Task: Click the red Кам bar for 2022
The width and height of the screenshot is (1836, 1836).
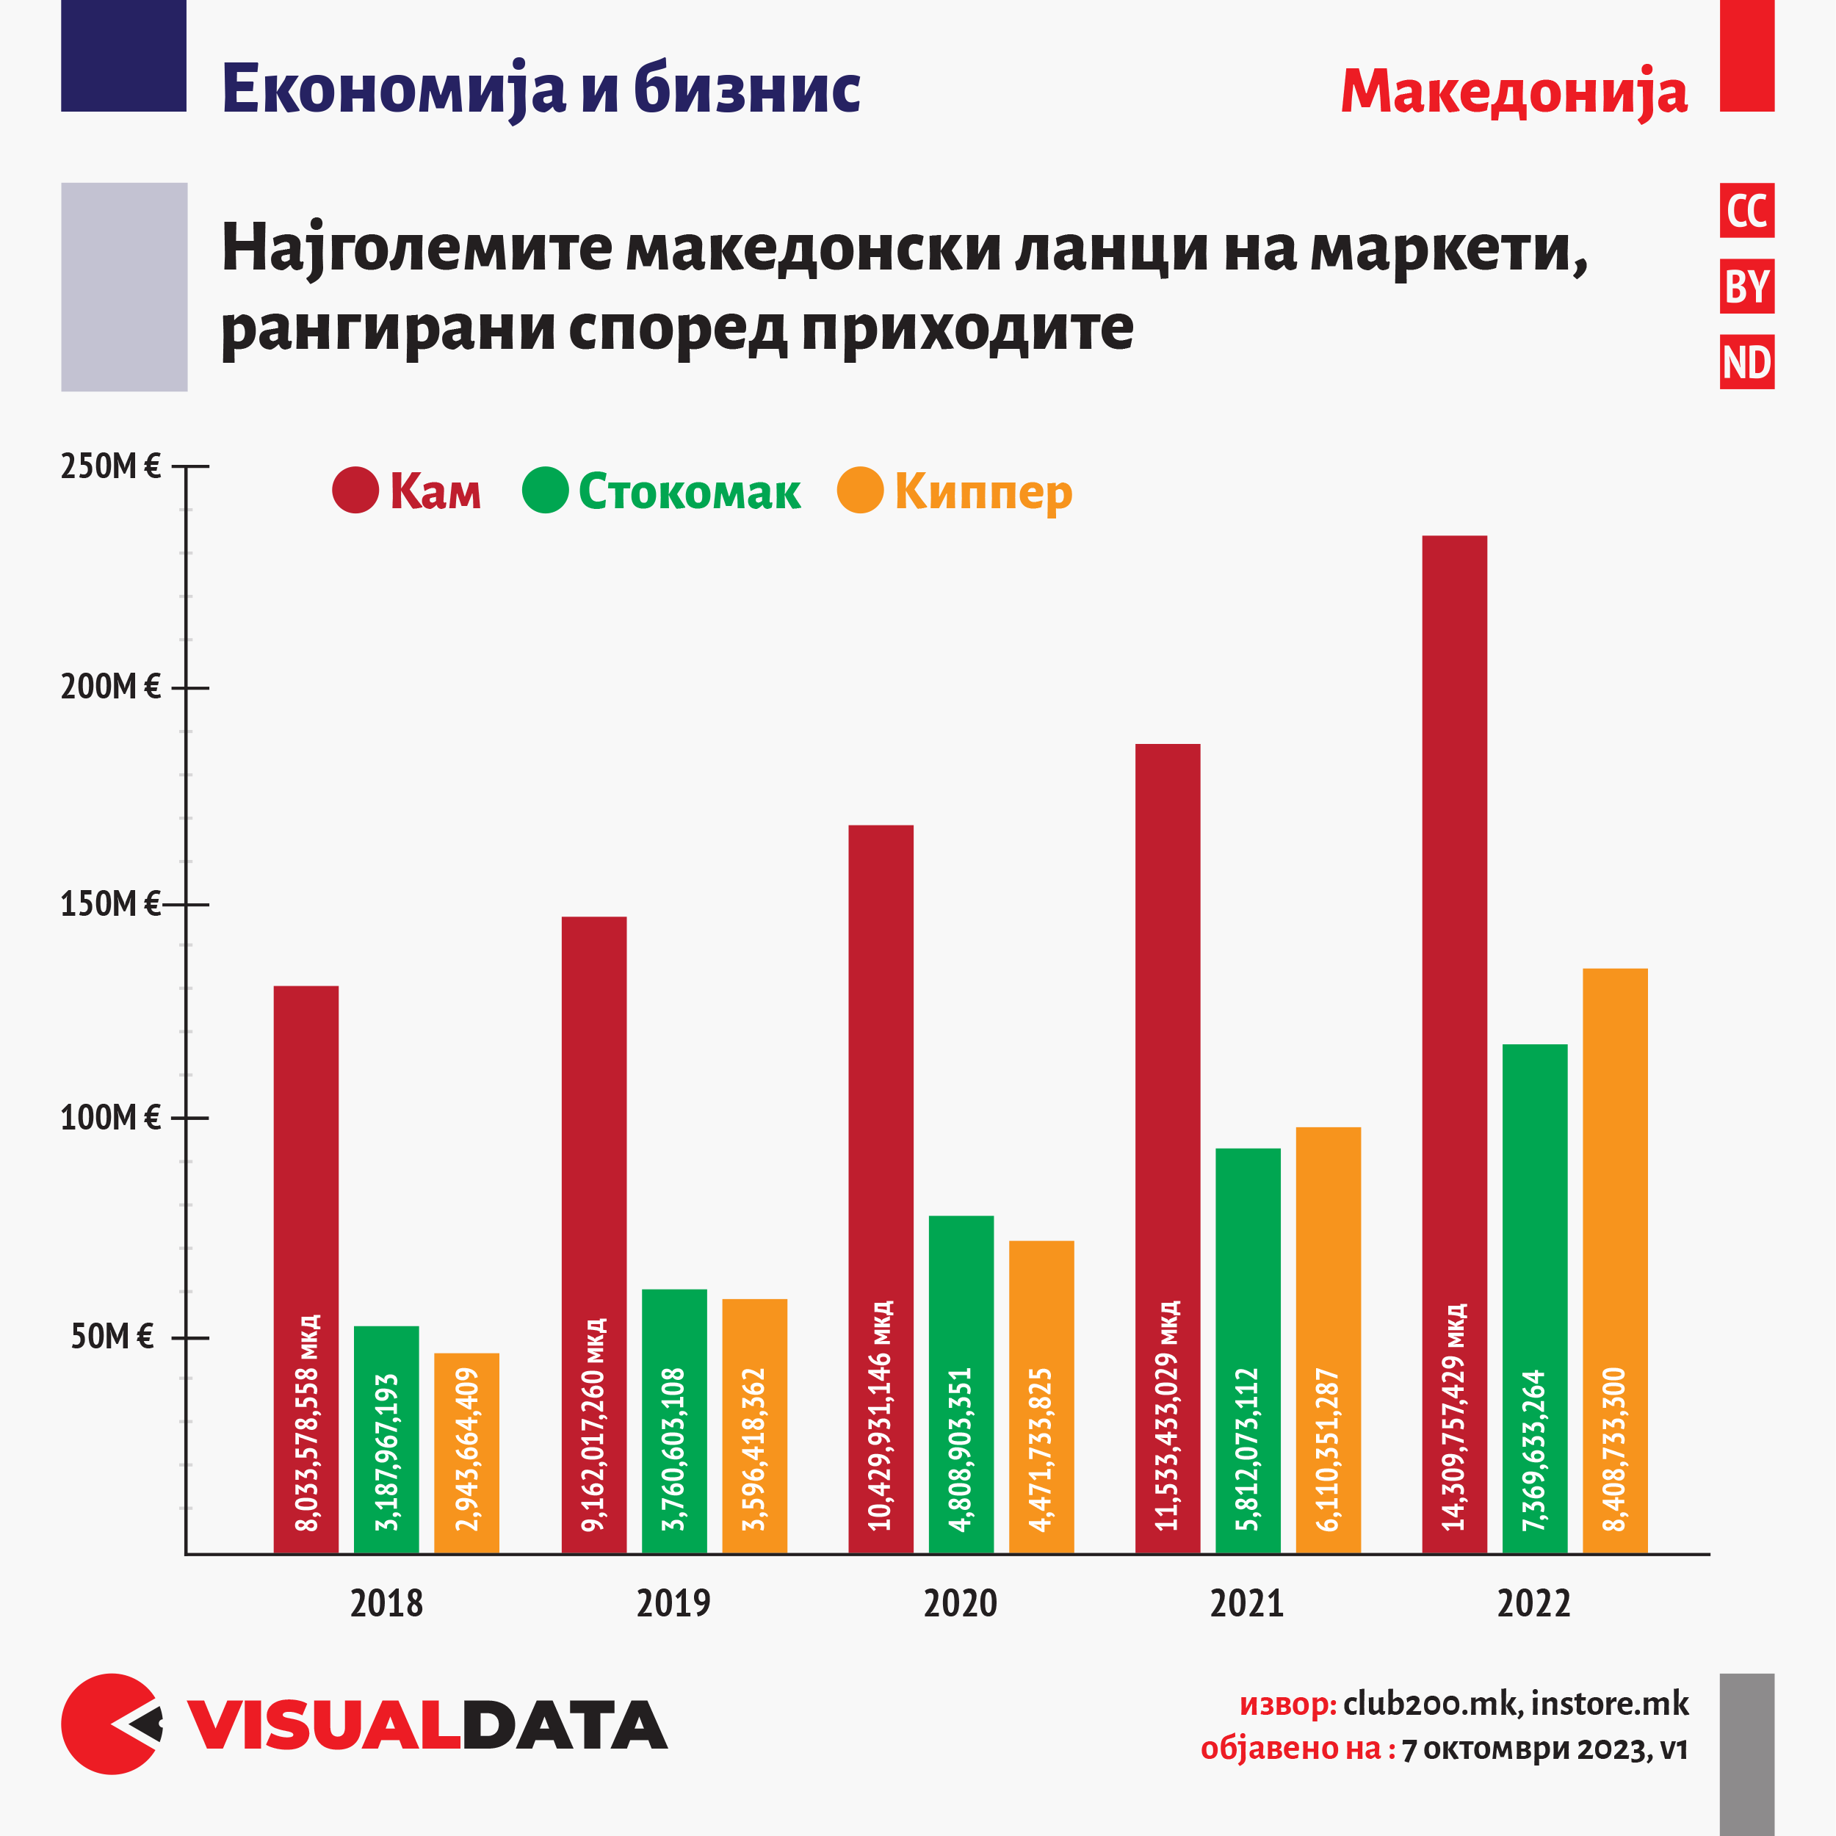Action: [1454, 950]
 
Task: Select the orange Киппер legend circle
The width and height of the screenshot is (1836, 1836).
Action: [860, 491]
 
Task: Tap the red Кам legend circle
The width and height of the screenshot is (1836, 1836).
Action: [355, 491]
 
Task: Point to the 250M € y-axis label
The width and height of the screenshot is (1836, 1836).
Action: [110, 466]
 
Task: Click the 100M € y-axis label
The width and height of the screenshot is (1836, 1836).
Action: [110, 1118]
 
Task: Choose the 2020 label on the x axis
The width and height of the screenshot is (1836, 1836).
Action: [960, 1604]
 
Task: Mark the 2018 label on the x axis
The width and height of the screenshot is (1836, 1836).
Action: [386, 1604]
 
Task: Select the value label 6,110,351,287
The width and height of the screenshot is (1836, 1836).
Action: [1328, 1449]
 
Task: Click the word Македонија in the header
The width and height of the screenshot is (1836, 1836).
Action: [1513, 93]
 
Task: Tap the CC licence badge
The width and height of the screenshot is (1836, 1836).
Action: [1746, 211]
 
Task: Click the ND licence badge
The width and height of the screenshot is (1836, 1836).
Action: [1746, 362]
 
